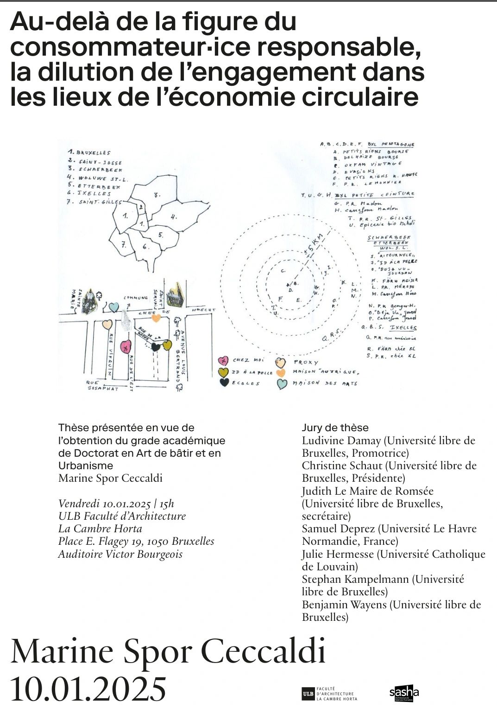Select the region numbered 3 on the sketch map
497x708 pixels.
click(x=157, y=195)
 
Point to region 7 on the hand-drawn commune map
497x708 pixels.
click(x=124, y=245)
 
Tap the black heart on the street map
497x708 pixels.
click(x=156, y=346)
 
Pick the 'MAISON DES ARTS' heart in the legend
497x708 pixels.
click(x=282, y=384)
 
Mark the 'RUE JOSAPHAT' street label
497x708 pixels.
click(x=103, y=386)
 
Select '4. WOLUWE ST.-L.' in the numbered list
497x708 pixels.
click(x=97, y=178)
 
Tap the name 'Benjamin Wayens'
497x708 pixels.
click(x=344, y=605)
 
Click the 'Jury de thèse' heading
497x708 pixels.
click(x=335, y=427)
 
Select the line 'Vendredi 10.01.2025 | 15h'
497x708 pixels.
click(x=116, y=504)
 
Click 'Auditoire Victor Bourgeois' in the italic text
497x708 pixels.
click(x=120, y=554)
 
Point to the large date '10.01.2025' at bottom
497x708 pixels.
click(x=88, y=688)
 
